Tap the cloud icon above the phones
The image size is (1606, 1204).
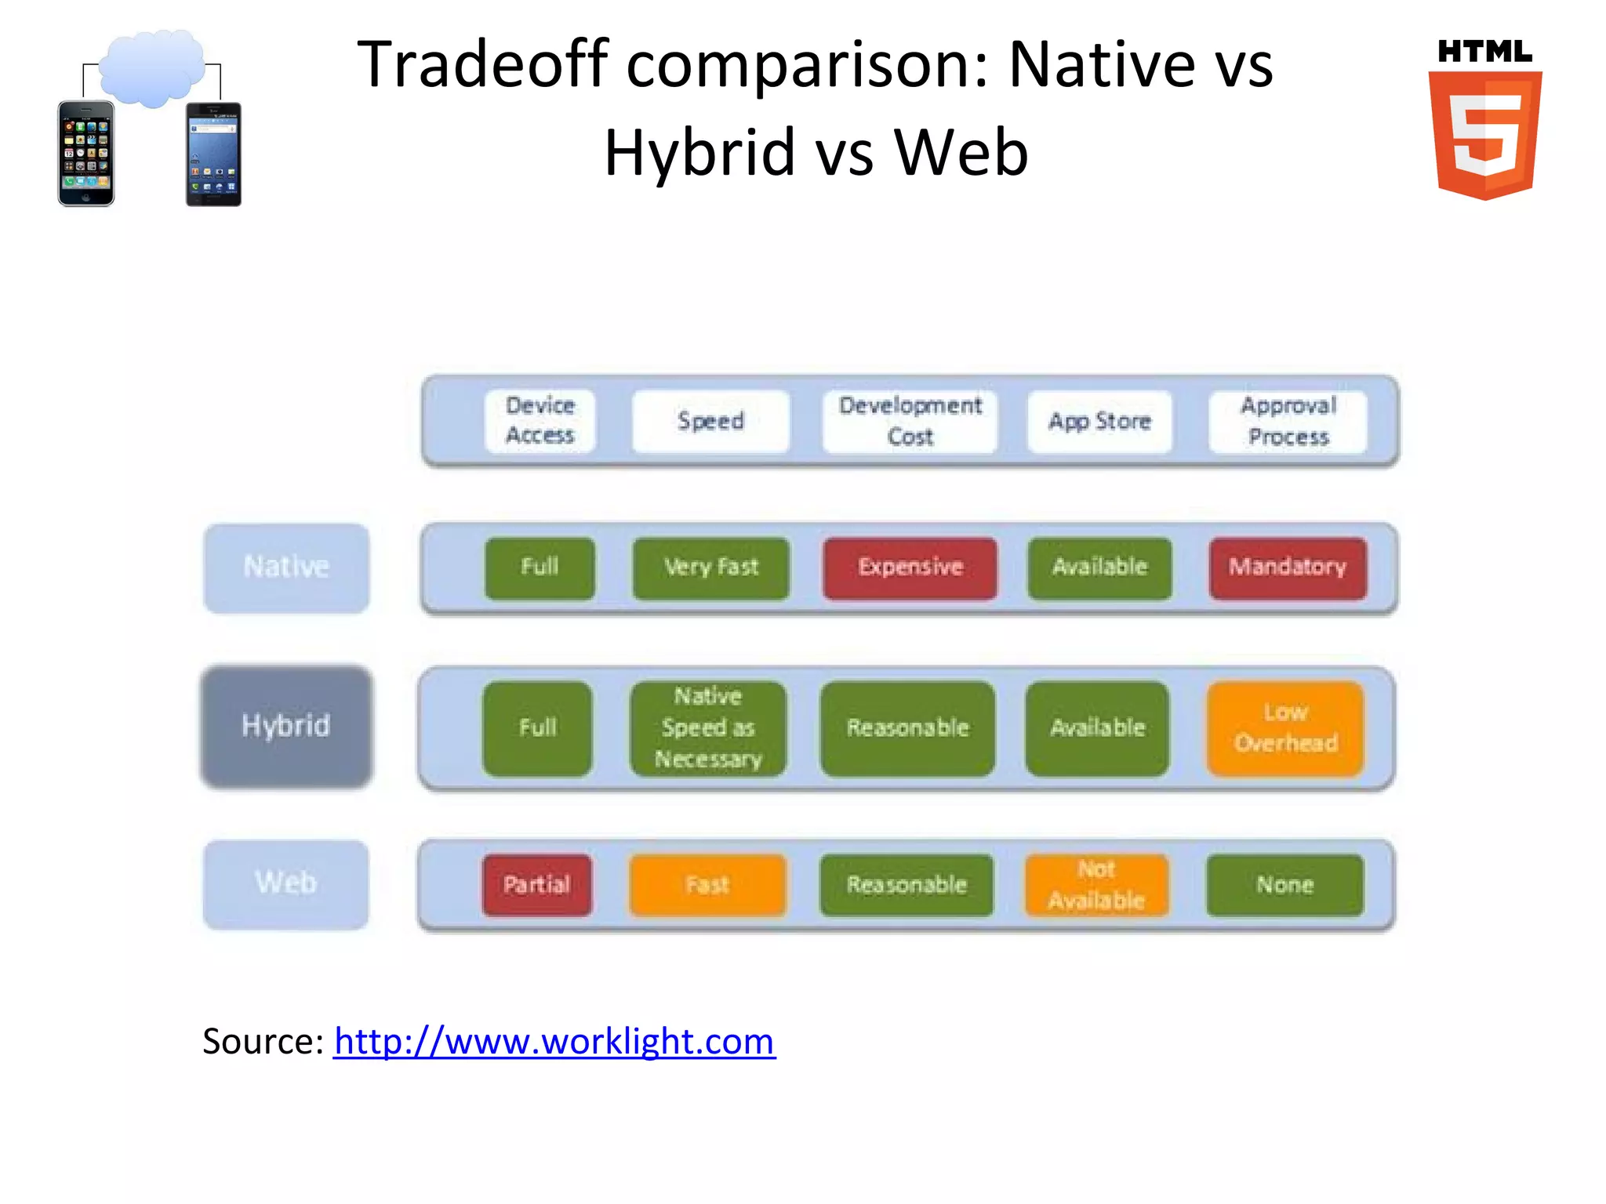[151, 69]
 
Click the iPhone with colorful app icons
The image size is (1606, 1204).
[86, 153]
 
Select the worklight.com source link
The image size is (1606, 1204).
[554, 1041]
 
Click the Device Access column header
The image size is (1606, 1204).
[540, 421]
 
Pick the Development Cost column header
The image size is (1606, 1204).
[910, 421]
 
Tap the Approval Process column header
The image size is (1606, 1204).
[1288, 421]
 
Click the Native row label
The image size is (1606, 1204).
[286, 568]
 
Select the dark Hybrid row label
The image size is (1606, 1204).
[286, 726]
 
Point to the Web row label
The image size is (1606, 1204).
[285, 883]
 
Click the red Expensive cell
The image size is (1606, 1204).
[910, 568]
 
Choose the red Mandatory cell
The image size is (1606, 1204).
[1288, 568]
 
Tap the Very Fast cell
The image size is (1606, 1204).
[710, 568]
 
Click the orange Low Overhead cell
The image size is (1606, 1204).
[1285, 728]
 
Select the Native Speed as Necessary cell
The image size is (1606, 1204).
[708, 728]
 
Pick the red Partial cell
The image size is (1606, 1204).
[537, 885]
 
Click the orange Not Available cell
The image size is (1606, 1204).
[1096, 885]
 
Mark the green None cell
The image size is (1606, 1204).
[1284, 885]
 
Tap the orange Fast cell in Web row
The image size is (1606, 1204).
[707, 885]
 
